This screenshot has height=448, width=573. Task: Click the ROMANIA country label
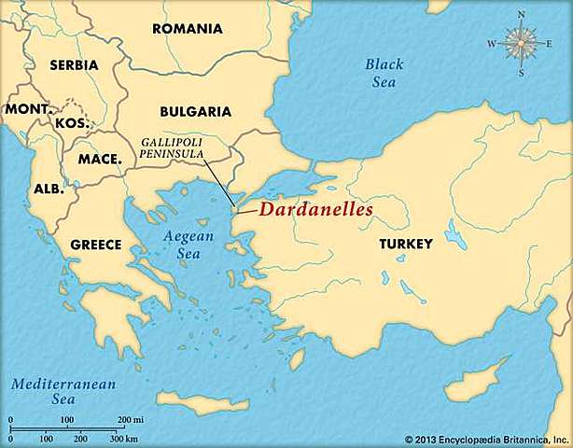(188, 28)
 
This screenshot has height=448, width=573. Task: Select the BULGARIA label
(195, 111)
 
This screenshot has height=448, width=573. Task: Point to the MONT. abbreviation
(27, 109)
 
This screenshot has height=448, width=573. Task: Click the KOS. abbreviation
(71, 123)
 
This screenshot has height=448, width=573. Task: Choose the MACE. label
(100, 160)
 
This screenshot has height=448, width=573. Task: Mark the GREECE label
(96, 245)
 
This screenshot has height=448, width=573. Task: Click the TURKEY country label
(406, 244)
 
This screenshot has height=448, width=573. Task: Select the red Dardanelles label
(315, 210)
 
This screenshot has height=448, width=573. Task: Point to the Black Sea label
(384, 72)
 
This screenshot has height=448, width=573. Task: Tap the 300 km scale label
(124, 439)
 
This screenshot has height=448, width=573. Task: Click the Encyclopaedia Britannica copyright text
(486, 439)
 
